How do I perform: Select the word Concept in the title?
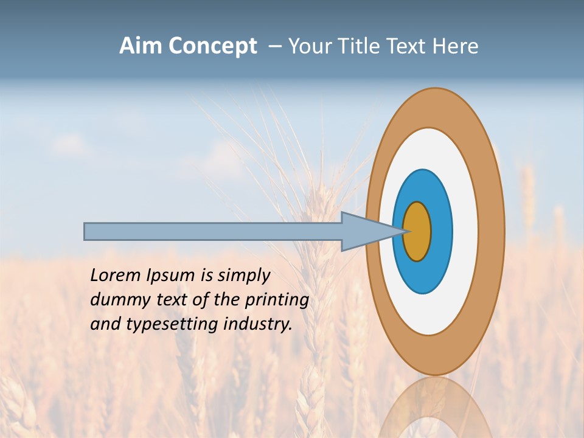click(x=213, y=46)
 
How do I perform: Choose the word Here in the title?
click(x=456, y=46)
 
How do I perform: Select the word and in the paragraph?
click(x=105, y=324)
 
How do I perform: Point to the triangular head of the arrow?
click(x=365, y=231)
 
